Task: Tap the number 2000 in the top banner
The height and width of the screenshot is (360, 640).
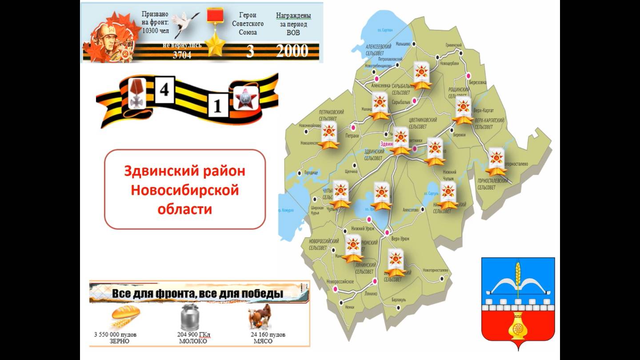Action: [292, 50]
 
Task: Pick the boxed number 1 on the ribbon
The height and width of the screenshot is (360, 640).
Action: [218, 107]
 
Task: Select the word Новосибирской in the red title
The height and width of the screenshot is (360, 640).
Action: [184, 190]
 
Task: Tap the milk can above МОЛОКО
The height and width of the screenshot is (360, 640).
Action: [189, 317]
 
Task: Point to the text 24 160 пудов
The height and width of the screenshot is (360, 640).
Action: [268, 335]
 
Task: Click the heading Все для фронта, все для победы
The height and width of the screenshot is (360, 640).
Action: [197, 294]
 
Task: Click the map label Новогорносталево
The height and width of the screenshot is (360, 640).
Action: [436, 270]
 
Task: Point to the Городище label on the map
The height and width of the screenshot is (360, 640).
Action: [311, 172]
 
